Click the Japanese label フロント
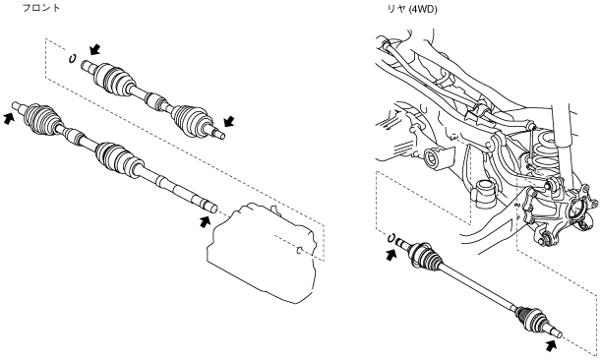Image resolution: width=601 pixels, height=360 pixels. [x=41, y=8]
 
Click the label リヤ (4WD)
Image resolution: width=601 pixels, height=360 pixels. [x=412, y=10]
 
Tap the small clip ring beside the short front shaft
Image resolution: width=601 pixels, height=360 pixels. [x=72, y=59]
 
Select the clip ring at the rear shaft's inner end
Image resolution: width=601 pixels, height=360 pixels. [x=391, y=238]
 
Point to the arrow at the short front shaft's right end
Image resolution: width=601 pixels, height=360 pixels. [x=229, y=121]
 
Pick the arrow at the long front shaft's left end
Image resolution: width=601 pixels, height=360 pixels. [x=9, y=118]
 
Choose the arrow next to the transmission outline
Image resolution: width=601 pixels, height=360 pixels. [x=205, y=221]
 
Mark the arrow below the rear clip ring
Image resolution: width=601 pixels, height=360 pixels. [x=391, y=255]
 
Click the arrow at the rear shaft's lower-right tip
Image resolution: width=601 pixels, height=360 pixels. [x=551, y=344]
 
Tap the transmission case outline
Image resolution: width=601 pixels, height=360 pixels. [x=265, y=253]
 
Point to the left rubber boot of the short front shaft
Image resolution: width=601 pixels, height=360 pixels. [x=114, y=78]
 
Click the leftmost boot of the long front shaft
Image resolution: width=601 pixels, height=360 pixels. [x=41, y=116]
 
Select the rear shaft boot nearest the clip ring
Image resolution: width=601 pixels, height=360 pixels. [x=426, y=256]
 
